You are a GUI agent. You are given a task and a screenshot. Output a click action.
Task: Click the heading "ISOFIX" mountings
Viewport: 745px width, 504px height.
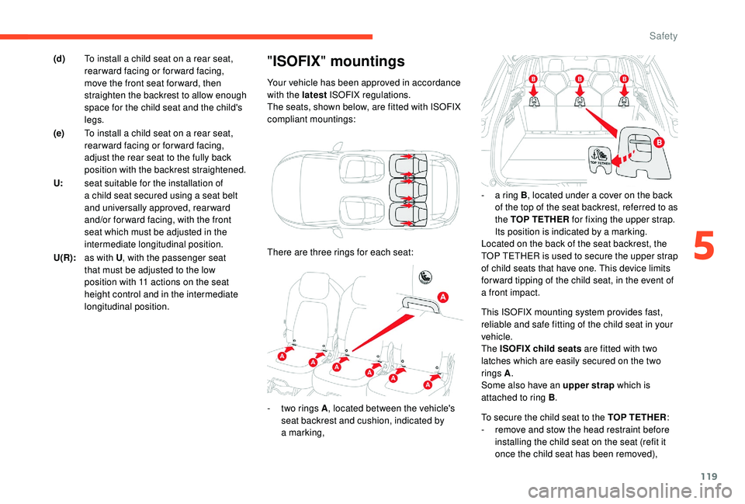click(x=335, y=61)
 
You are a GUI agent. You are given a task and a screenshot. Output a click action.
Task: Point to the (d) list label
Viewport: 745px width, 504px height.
click(x=60, y=59)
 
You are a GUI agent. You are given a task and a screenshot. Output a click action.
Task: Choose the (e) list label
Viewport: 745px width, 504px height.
click(x=60, y=134)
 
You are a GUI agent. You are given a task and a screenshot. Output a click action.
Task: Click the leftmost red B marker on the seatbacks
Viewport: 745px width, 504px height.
click(x=533, y=80)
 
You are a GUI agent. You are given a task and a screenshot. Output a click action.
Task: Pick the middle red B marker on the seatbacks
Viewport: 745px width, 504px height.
click(x=579, y=80)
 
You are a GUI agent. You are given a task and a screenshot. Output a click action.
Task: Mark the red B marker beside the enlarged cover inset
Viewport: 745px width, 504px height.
click(x=657, y=143)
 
